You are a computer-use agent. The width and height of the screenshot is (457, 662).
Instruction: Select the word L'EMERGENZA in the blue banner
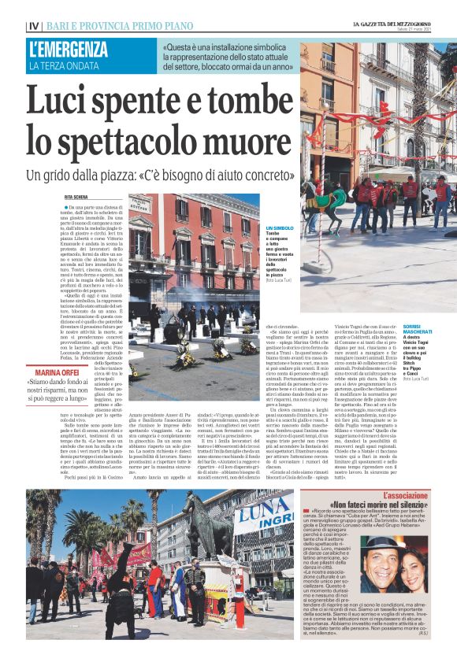point(68,49)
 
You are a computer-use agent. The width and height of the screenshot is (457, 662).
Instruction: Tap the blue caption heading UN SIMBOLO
point(278,227)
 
